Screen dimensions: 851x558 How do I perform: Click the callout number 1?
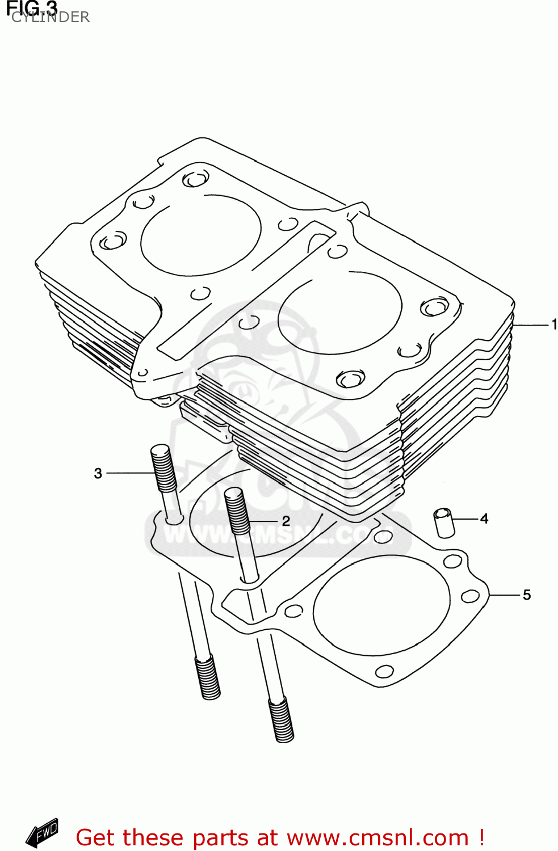(553, 325)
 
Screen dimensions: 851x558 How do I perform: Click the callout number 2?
(286, 521)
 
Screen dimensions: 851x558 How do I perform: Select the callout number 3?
(98, 473)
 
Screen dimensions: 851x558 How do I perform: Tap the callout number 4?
(484, 519)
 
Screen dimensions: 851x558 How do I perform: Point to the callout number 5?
(526, 595)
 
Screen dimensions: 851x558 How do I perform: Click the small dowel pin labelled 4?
(444, 523)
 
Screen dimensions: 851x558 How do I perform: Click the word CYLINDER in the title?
(51, 18)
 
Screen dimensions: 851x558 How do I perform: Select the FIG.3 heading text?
(32, 7)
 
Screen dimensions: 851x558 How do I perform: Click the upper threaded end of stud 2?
(237, 511)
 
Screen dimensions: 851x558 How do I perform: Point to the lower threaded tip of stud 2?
(281, 721)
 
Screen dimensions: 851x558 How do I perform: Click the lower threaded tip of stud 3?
(208, 677)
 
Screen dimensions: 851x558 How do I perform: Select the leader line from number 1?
(531, 325)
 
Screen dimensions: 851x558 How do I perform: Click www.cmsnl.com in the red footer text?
(377, 838)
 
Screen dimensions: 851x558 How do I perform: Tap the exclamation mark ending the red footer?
(481, 837)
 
